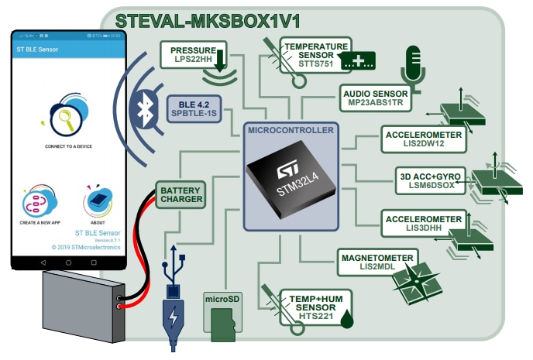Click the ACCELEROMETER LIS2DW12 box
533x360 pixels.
(424, 139)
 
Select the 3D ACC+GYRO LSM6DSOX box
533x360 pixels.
(434, 180)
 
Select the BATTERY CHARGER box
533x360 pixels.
(181, 194)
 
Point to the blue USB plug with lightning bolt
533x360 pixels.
(172, 317)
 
